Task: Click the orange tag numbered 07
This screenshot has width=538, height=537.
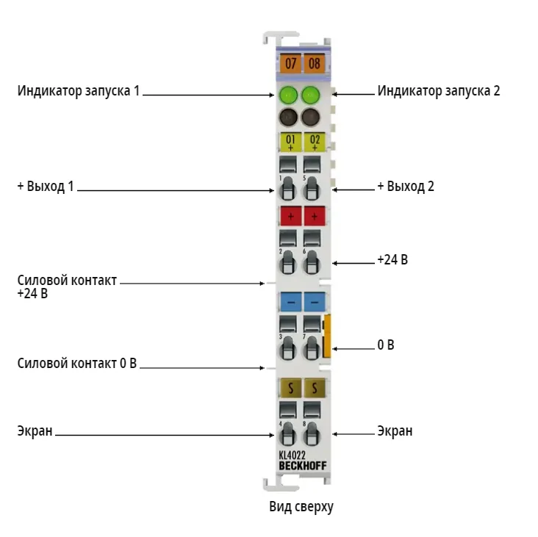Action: tap(290, 63)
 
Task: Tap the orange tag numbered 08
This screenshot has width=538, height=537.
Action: tap(315, 63)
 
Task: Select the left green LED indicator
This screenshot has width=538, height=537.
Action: tap(288, 95)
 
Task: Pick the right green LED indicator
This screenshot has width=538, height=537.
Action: tap(311, 95)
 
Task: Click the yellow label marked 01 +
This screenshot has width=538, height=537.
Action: tap(290, 142)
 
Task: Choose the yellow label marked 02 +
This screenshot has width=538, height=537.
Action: tap(315, 142)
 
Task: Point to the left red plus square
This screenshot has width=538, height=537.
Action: tap(290, 216)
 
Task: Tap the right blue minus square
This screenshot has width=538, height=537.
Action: tap(315, 302)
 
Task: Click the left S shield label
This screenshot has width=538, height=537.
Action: tap(290, 388)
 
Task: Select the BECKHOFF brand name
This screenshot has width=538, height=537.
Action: tap(303, 466)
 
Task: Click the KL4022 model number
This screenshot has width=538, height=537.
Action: tap(292, 455)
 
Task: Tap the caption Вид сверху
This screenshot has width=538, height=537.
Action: tap(301, 507)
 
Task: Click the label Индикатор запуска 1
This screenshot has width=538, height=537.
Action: tap(79, 91)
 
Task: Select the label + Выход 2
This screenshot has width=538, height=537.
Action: tap(406, 186)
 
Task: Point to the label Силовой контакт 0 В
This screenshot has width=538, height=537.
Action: tap(77, 363)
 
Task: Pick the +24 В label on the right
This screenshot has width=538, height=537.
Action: tap(392, 259)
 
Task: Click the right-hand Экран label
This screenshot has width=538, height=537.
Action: tap(395, 431)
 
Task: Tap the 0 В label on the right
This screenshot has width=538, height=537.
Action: tap(386, 345)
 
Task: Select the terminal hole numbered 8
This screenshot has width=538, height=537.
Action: tap(312, 433)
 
